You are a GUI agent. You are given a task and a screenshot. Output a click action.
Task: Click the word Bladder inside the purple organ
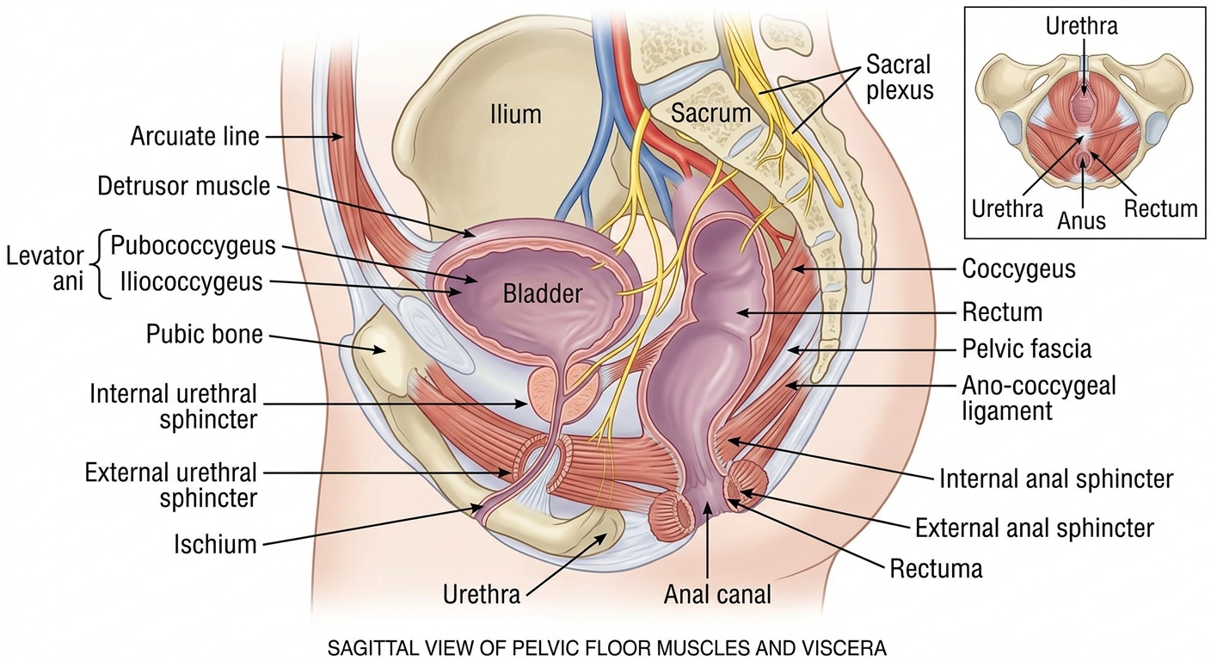point(542,294)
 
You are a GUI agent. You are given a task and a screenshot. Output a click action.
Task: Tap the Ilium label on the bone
point(515,114)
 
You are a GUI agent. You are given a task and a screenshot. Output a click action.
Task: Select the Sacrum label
point(710,114)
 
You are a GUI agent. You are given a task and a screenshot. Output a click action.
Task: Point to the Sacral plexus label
point(900,77)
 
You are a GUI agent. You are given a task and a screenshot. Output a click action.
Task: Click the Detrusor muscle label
point(184,187)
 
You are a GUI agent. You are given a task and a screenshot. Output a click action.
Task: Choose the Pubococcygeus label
point(193,246)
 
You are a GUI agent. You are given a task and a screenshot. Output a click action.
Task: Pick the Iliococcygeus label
point(191,281)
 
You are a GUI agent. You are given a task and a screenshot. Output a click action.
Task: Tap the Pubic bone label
point(205,334)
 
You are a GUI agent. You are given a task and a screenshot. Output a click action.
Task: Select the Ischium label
point(215,544)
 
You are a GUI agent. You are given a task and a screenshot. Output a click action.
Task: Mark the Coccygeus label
point(1018,269)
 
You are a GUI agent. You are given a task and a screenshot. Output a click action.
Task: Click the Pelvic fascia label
point(1026,349)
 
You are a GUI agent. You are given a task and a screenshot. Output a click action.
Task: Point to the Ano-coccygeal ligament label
point(1038,398)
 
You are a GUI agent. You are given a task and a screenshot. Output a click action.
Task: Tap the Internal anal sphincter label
point(1056,479)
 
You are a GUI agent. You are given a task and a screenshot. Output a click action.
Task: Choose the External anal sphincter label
point(1034,528)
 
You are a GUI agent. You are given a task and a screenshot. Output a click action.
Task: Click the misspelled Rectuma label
point(936,569)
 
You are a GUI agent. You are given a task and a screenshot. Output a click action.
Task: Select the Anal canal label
point(717,595)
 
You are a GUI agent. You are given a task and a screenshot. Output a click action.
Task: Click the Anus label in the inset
point(1081,220)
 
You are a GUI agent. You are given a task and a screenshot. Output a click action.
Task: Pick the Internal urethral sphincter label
point(173,407)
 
